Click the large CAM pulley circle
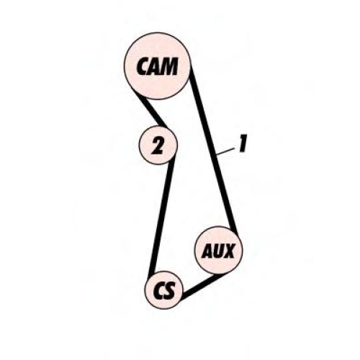click(157, 66)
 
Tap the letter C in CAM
click(143, 66)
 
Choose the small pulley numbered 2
click(158, 145)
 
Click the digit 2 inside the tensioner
click(158, 145)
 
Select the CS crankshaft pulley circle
click(164, 290)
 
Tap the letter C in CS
click(158, 290)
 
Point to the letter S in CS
click(169, 290)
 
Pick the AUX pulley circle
click(218, 251)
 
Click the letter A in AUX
click(207, 251)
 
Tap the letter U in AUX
click(218, 251)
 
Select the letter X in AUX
click(228, 251)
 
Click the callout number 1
click(243, 143)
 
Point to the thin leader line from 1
click(225, 152)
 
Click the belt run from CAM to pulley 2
click(153, 113)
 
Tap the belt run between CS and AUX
click(202, 286)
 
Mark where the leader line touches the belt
click(216, 156)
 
